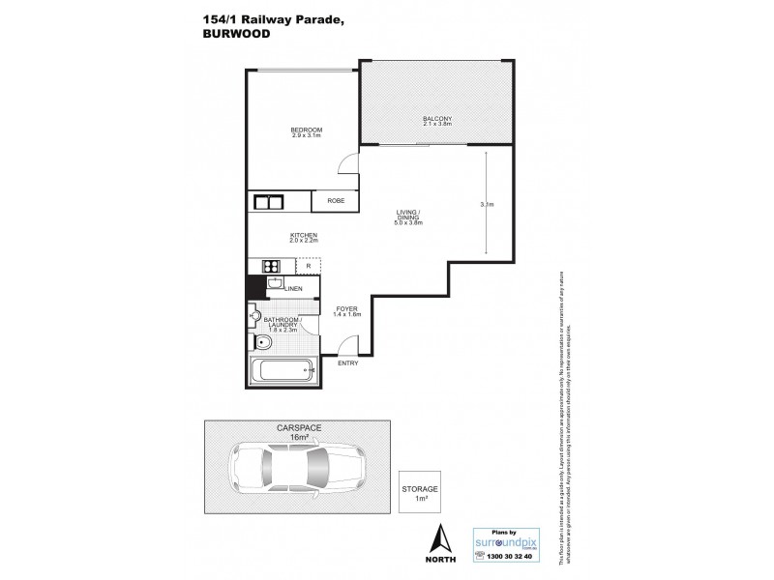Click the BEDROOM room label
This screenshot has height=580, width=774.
[x=306, y=130]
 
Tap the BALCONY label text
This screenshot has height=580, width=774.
[x=437, y=120]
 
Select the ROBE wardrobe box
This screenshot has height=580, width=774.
[x=335, y=201]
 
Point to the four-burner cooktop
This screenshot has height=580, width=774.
[x=269, y=267]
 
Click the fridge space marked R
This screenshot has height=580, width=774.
[x=308, y=267]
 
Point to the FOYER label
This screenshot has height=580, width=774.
[x=345, y=310]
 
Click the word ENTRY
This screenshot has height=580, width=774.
[x=347, y=362]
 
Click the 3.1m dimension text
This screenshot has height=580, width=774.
[x=487, y=205]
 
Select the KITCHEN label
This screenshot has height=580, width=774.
[x=305, y=235]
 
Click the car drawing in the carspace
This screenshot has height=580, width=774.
[x=299, y=470]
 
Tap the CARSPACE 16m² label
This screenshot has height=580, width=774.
[x=298, y=433]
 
